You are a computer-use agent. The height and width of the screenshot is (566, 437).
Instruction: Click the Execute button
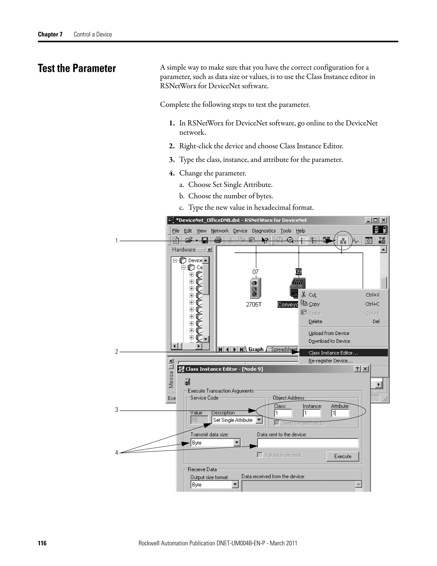tap(342, 456)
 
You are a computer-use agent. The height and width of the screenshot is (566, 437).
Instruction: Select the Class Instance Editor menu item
tap(333, 353)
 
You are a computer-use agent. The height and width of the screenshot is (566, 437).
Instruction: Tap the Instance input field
tap(312, 413)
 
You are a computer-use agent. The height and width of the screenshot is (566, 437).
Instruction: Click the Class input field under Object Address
tap(283, 413)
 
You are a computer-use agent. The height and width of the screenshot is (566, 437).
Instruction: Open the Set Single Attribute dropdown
tap(259, 420)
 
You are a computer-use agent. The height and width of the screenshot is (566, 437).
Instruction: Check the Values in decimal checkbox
tap(260, 455)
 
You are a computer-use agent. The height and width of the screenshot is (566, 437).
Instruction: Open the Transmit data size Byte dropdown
tap(237, 443)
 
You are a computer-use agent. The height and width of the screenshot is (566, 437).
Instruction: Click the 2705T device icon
tap(255, 288)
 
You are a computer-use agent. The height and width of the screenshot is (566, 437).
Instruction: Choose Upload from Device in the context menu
tap(329, 333)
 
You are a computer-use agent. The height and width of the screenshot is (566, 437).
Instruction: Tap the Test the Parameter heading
tap(77, 68)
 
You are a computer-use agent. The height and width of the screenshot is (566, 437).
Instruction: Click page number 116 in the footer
tap(42, 543)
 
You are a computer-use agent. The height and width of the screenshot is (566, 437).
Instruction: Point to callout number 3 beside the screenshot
tap(117, 410)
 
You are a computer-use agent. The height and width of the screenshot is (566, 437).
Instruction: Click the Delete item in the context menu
tap(315, 321)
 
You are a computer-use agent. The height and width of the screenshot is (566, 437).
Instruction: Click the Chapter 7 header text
tap(50, 34)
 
